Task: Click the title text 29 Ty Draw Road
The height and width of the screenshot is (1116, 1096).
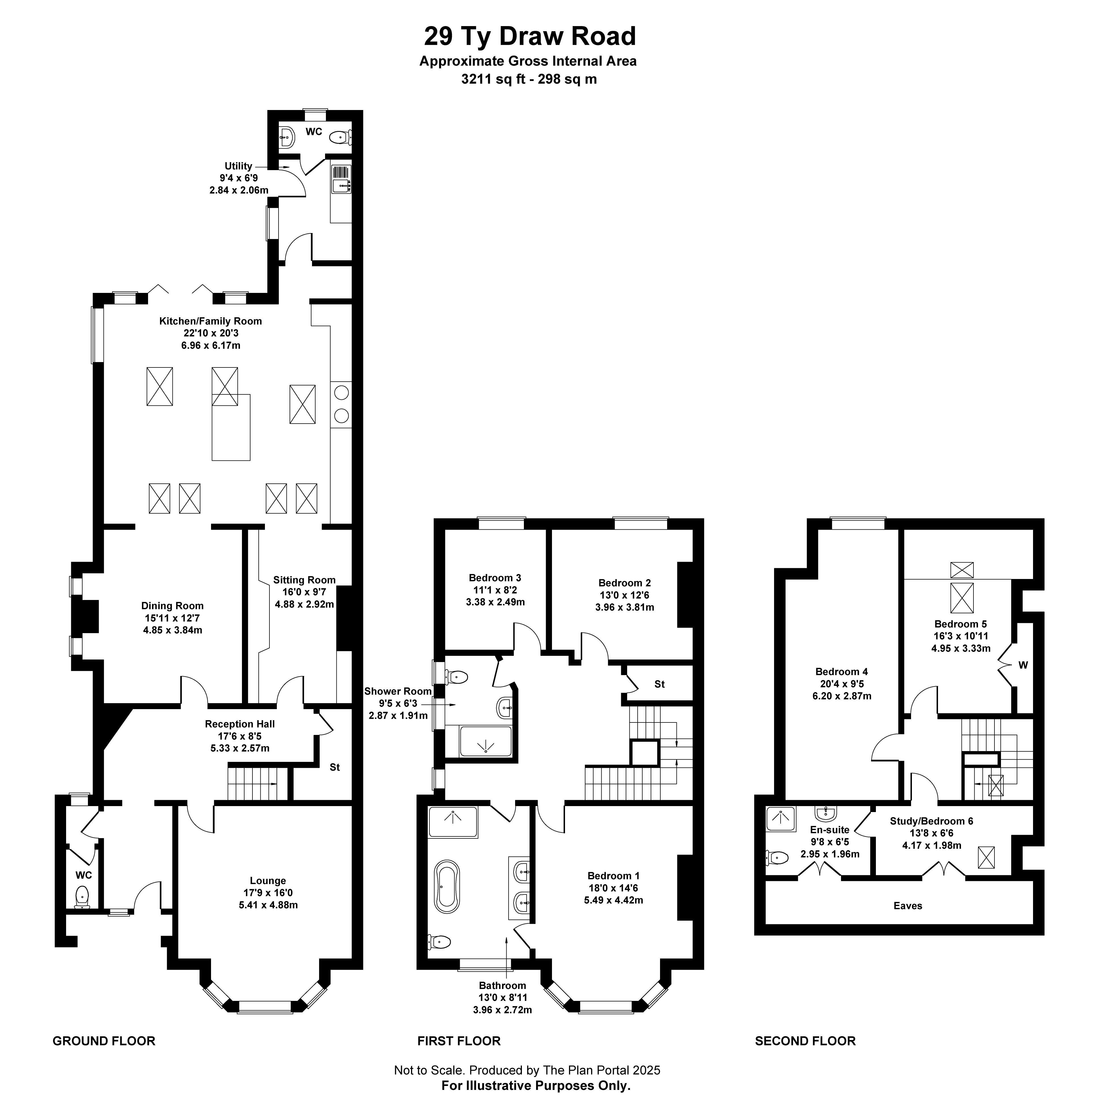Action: pyautogui.click(x=530, y=36)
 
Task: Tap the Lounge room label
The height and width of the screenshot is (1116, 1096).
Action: pyautogui.click(x=268, y=881)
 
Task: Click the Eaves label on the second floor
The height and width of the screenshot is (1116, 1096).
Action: pyautogui.click(x=908, y=905)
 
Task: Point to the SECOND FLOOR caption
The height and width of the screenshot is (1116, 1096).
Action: pyautogui.click(x=805, y=1041)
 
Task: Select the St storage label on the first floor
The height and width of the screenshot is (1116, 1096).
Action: pyautogui.click(x=660, y=684)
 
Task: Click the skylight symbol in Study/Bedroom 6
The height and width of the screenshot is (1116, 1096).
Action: pyautogui.click(x=987, y=857)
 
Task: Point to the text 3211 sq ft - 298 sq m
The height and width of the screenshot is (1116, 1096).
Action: pyautogui.click(x=529, y=79)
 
